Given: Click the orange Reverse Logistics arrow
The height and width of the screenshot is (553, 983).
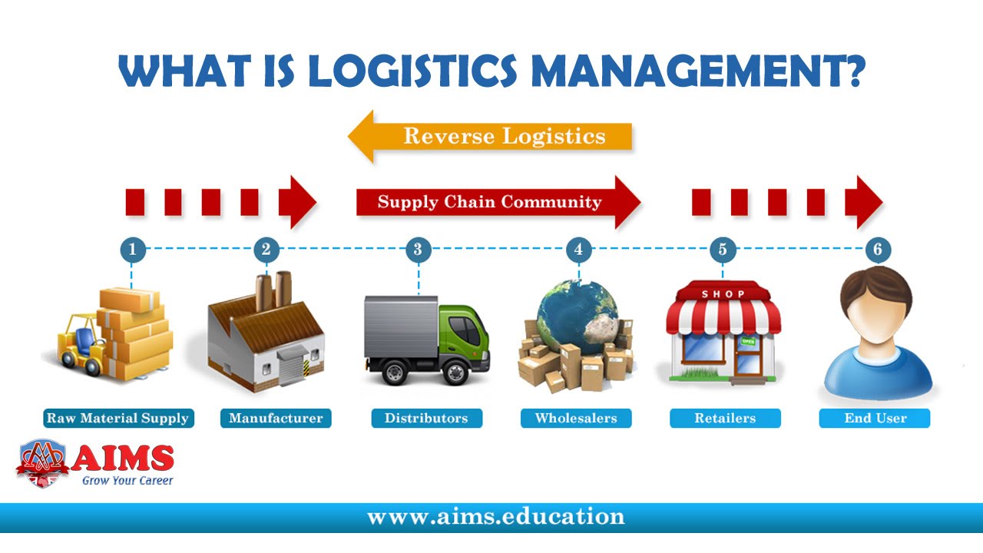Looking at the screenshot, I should coord(491,137).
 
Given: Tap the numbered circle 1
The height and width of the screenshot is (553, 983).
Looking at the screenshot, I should coord(132,249).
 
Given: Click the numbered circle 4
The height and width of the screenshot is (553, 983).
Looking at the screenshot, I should coord(578,249).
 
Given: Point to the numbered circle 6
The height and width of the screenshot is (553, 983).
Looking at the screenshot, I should coord(877,249).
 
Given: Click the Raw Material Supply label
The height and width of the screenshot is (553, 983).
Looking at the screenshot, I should coord(118,419).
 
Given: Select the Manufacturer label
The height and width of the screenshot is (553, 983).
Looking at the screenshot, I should coord(276,419).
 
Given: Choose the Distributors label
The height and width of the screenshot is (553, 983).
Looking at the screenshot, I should coord(426,419).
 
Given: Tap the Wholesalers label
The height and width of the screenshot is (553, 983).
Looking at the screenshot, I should coord(576,419).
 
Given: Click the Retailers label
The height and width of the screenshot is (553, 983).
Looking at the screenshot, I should coord(725,419).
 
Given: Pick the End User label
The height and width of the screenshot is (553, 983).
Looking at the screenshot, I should coord(875,419).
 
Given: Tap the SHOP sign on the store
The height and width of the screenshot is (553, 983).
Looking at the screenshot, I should coord(723,294).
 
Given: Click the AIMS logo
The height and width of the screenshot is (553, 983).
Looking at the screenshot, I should coord(96,462).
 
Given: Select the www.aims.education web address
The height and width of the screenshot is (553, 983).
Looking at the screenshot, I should coord(496,516).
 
